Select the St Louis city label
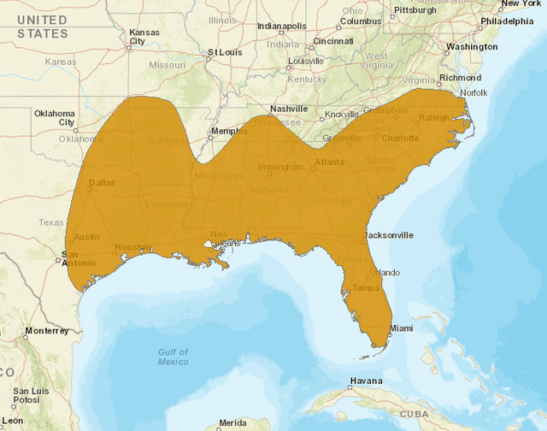pyautogui.click(x=226, y=52)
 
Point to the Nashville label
pyautogui.click(x=288, y=109)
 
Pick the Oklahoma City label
pyautogui.click(x=55, y=118)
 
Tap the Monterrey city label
pyautogui.click(x=46, y=330)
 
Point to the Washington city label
pyautogui.click(x=472, y=46)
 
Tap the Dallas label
pyautogui.click(x=102, y=182)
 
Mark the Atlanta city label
pyautogui.click(x=329, y=162)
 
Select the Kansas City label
pyautogui.click(x=144, y=38)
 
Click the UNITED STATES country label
pyautogui.click(x=42, y=27)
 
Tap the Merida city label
pyautogui.click(x=232, y=422)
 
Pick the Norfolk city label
pyautogui.click(x=473, y=92)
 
